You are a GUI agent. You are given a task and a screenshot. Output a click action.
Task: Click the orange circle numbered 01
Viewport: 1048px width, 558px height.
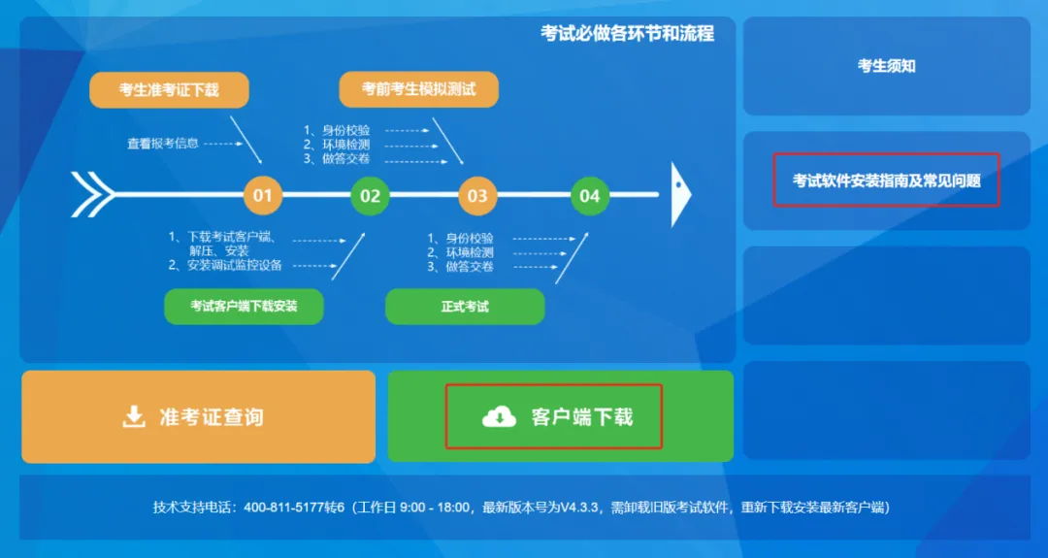(262, 195)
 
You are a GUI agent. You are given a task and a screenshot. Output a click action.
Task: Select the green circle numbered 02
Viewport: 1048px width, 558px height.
(370, 195)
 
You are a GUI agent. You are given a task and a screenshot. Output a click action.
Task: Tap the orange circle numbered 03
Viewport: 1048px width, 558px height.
(477, 195)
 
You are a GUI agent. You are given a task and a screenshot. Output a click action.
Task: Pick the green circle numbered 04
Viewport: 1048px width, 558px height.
(590, 195)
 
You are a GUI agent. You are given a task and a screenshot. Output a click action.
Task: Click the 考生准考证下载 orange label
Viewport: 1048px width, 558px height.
(169, 90)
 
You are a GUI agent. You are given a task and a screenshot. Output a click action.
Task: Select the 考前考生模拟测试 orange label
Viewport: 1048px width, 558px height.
(419, 89)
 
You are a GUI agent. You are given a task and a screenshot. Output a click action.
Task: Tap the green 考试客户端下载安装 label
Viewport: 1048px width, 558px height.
(244, 307)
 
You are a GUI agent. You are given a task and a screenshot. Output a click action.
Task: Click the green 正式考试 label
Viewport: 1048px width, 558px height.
(465, 307)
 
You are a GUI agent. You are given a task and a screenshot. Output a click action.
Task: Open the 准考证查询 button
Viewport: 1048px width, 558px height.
(198, 417)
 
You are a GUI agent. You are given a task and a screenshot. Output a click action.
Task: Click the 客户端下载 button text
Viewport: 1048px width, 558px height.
(582, 417)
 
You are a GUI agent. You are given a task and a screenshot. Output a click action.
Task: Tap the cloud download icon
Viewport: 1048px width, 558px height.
(499, 417)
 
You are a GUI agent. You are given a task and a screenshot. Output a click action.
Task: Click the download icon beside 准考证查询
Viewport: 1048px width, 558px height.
(133, 417)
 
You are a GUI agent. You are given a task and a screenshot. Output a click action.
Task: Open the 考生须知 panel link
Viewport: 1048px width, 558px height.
(886, 66)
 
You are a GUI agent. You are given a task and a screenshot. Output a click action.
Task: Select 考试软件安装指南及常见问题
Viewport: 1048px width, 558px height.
(886, 181)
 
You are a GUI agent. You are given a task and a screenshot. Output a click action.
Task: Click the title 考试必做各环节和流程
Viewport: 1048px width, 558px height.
(627, 34)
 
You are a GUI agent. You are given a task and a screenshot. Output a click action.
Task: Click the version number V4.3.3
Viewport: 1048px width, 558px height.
(580, 508)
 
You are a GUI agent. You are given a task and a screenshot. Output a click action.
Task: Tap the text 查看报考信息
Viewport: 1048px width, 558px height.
(163, 144)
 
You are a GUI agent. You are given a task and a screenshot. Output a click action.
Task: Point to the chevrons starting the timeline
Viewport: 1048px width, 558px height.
(91, 194)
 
